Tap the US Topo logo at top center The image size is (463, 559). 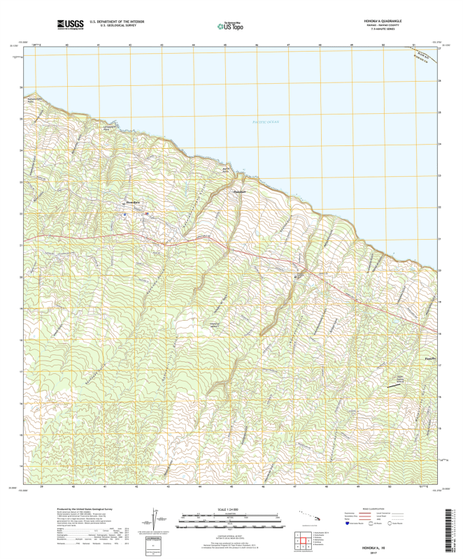click(231, 26)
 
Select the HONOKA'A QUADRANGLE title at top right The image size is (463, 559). click(384, 20)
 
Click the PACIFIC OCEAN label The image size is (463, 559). click(265, 122)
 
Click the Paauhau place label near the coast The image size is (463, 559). click(239, 191)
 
